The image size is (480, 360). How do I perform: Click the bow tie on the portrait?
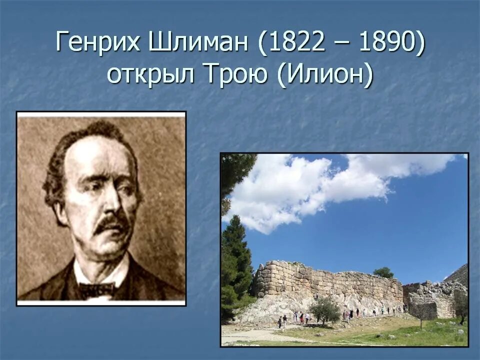pos(96,289)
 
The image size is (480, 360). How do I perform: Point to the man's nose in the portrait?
pos(111,205)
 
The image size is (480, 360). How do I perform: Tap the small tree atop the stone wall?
pos(383,272)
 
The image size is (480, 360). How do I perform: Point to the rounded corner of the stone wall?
pos(260,280)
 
